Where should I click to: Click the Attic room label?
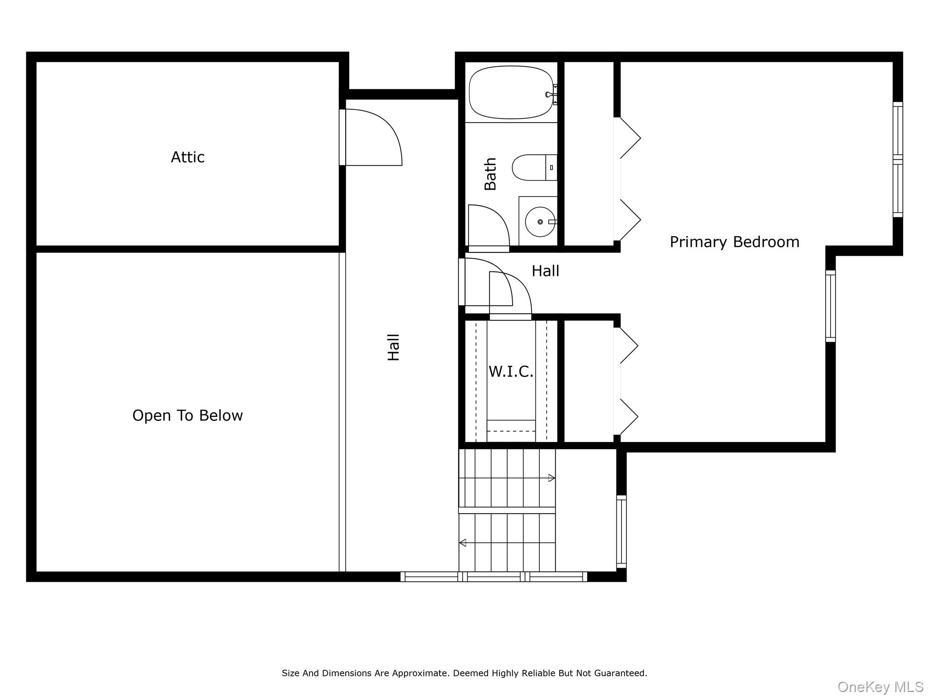coord(187,157)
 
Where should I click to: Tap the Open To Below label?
coord(187,415)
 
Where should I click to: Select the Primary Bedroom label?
coord(734,242)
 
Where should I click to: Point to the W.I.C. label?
coord(511,372)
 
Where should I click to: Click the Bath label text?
coord(490,174)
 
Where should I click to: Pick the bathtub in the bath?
coord(511,93)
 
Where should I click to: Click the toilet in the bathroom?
coord(534,167)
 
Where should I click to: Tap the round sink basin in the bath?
coord(540,222)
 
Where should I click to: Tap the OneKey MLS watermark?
coord(880,687)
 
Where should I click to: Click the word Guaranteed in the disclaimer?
coord(622,673)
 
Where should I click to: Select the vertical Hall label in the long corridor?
coord(393,347)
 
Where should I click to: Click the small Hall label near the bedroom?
coord(545,271)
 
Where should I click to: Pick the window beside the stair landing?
coord(621,531)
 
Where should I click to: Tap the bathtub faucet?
coord(552,94)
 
